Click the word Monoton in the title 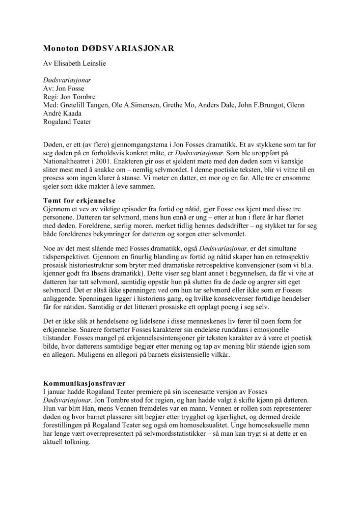[x=61, y=48]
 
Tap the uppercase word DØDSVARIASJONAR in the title [x=128, y=48]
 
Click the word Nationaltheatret [x=69, y=162]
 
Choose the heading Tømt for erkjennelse [x=79, y=201]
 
